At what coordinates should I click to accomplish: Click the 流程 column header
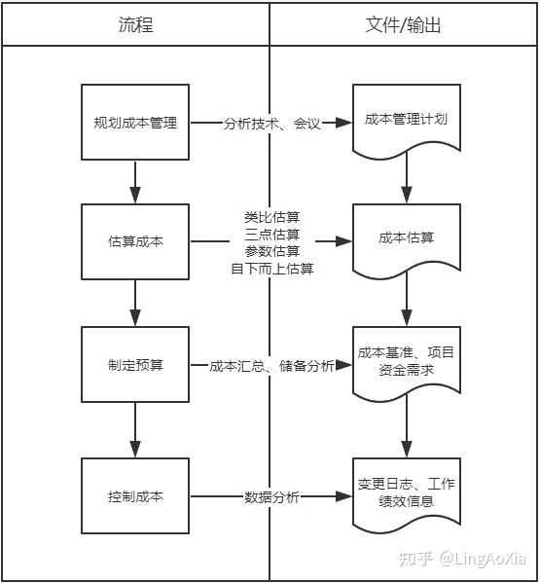point(135,25)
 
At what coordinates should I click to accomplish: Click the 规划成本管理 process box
point(135,123)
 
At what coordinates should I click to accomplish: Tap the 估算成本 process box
point(135,241)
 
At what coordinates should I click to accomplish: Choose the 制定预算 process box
point(135,365)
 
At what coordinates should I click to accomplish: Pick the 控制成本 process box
point(135,495)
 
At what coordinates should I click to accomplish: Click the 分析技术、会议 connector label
point(271,124)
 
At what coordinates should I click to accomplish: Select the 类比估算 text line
point(271,216)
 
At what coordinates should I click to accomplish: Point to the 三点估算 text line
point(271,234)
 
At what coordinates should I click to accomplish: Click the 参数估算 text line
point(271,251)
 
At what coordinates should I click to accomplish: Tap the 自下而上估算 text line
point(271,269)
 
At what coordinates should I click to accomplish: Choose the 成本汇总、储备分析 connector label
point(271,366)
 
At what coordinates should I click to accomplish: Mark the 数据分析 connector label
point(271,496)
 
